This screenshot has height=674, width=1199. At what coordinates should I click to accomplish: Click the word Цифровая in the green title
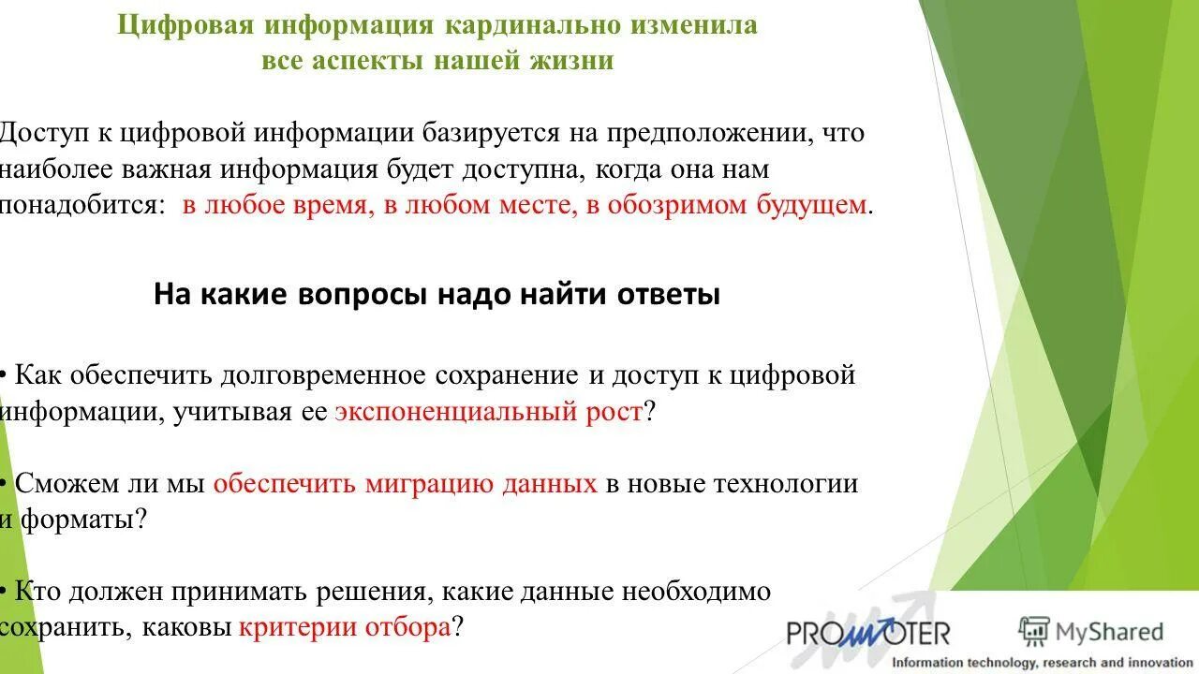tap(185, 25)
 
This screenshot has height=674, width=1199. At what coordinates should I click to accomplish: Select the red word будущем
tap(811, 205)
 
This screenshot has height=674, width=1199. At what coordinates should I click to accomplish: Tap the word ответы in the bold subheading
tap(668, 295)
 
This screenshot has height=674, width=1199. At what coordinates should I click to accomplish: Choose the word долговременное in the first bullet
tap(323, 376)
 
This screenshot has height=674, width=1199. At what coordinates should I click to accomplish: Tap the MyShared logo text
tap(1092, 632)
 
